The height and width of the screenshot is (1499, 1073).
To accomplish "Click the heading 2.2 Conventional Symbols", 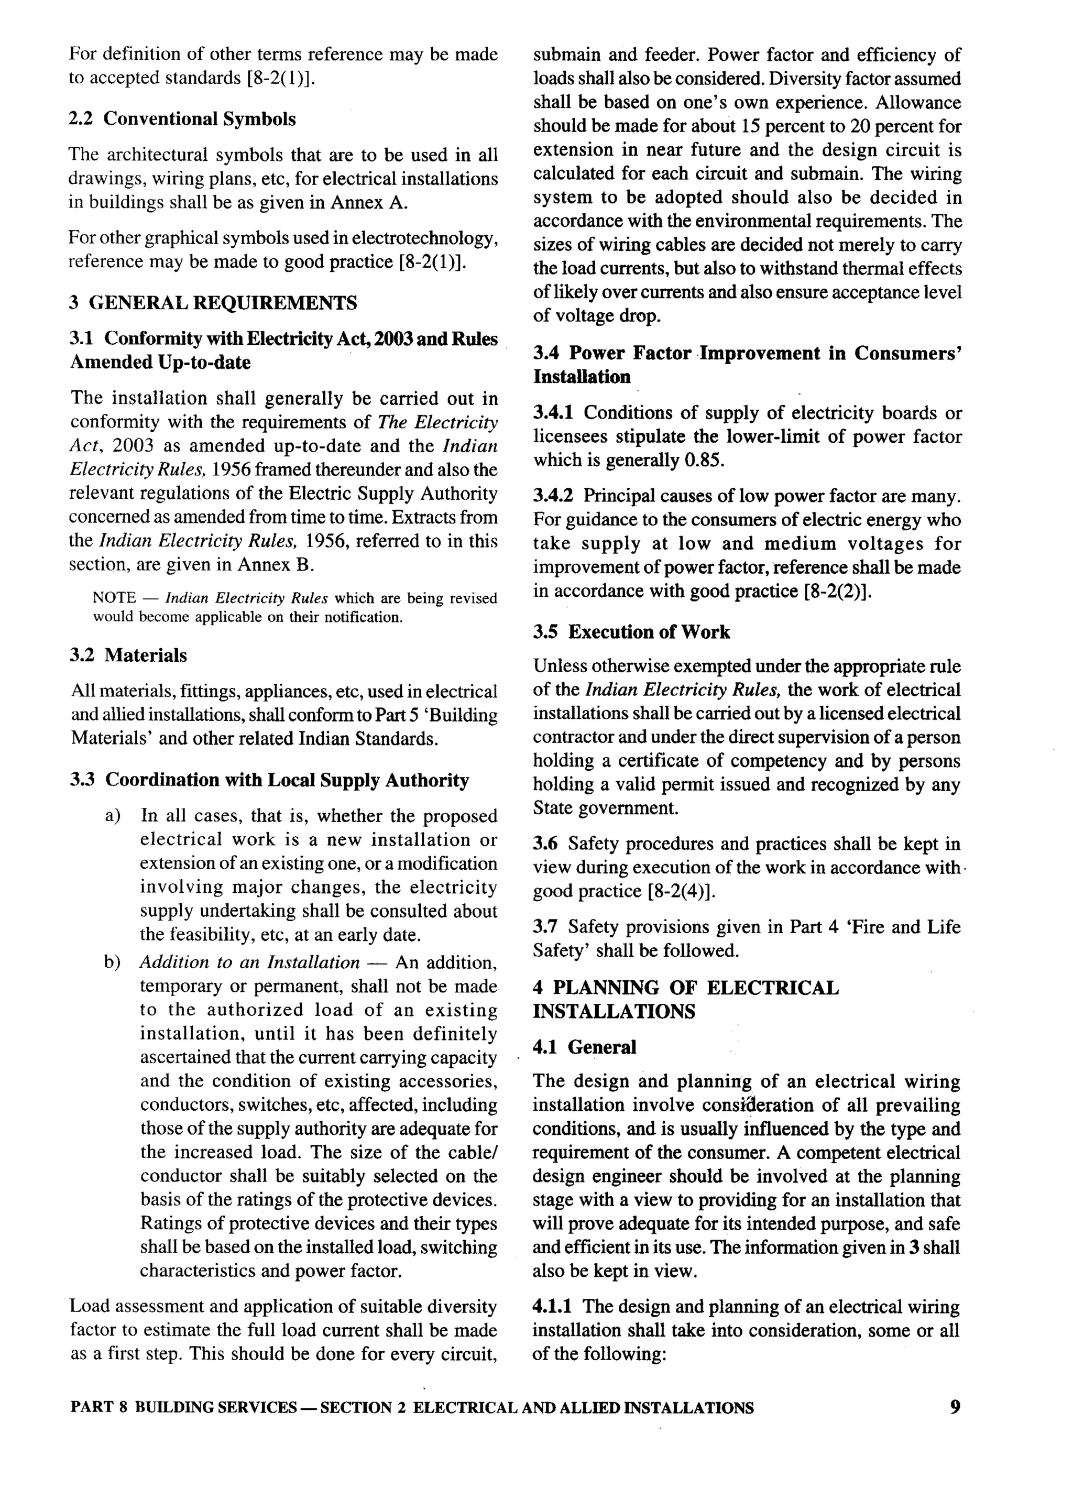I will tap(182, 119).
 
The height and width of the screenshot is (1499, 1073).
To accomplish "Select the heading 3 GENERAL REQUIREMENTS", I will tap(213, 303).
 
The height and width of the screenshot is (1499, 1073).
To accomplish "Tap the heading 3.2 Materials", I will tap(129, 655).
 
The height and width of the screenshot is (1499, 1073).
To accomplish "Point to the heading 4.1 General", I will tap(585, 1047).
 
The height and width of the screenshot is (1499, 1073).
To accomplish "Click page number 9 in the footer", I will tap(955, 1407).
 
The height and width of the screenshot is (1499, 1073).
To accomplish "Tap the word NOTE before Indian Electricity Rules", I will tap(114, 598).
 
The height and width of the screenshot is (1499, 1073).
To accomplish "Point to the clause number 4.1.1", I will tap(554, 1306).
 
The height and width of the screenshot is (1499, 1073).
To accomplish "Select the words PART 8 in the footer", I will tap(98, 1408).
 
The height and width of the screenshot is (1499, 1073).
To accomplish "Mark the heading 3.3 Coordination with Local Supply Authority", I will tap(270, 780).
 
